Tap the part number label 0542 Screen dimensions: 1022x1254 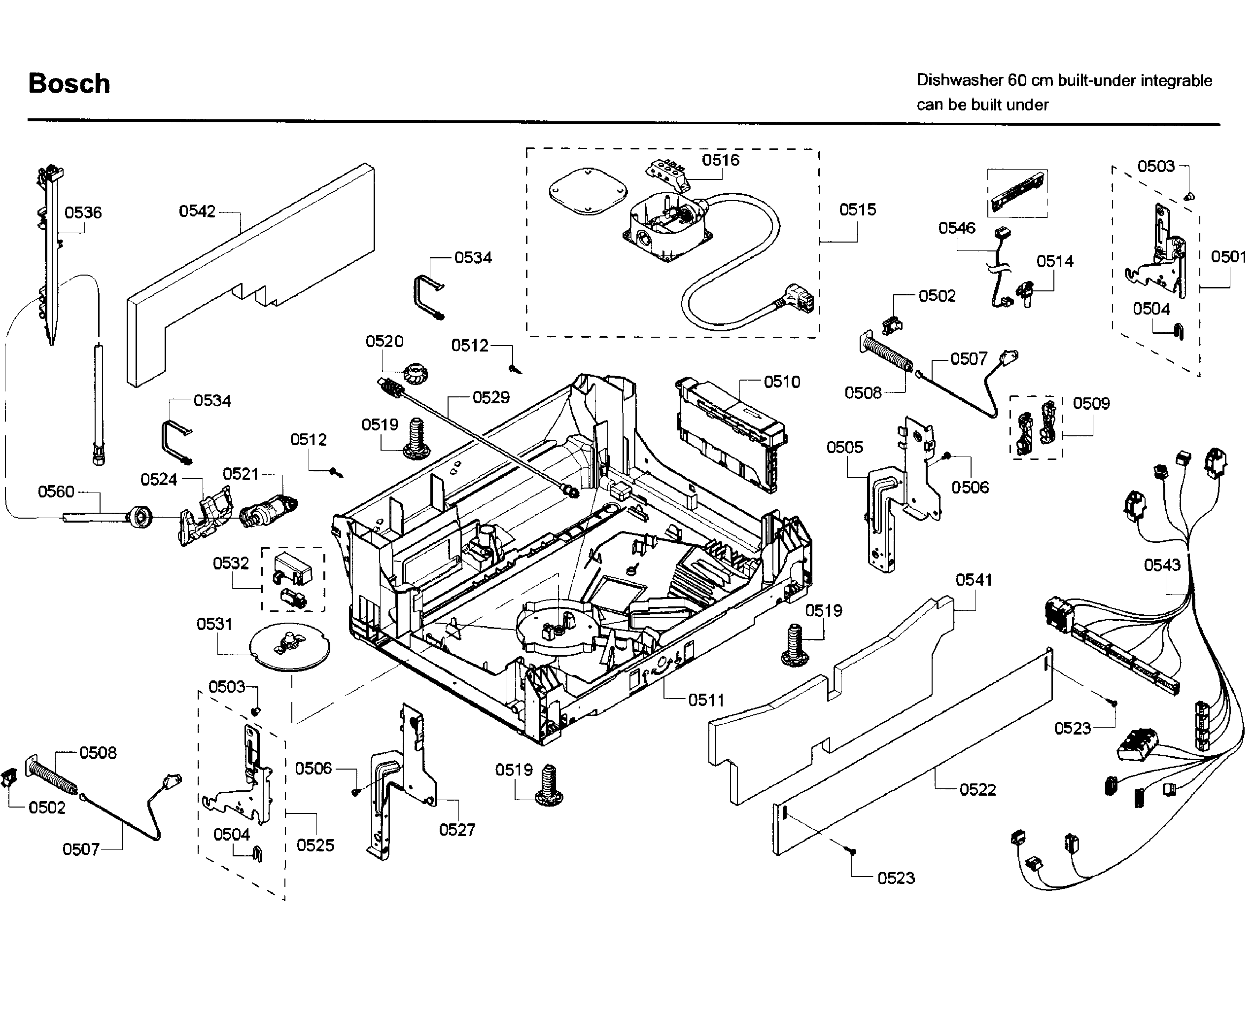coord(197,211)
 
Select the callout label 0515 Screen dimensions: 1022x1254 coord(857,210)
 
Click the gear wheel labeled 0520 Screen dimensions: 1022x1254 coord(416,373)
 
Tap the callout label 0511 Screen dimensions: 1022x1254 coord(706,700)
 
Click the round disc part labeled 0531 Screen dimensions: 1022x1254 coord(289,646)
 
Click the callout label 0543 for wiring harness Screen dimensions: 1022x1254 coord(1162,565)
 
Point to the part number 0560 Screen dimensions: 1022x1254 coord(56,492)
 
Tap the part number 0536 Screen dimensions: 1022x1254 coord(83,212)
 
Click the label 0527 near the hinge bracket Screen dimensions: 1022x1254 coord(456,830)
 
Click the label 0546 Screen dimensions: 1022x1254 coord(956,228)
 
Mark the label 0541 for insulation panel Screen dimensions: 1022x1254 coord(974,580)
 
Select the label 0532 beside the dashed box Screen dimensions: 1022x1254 coord(231,564)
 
